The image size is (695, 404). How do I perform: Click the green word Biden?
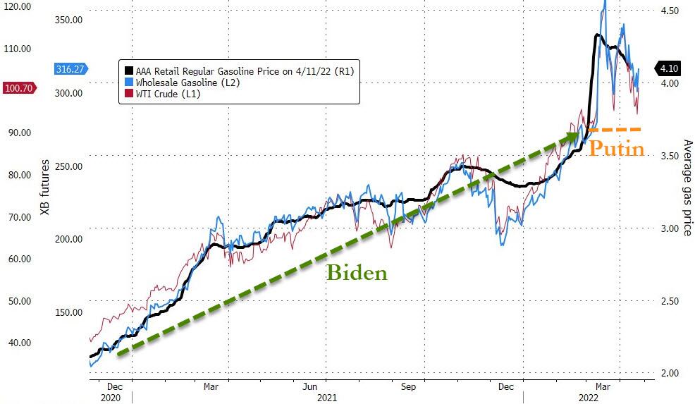click(x=357, y=273)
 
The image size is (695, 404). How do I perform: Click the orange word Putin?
click(x=617, y=149)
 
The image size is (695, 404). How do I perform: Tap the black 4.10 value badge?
click(x=670, y=68)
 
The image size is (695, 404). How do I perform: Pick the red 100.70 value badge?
click(x=20, y=88)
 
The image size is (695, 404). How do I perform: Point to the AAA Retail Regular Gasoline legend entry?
click(x=240, y=71)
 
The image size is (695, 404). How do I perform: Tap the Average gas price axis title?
click(x=687, y=188)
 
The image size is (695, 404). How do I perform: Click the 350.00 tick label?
click(x=69, y=20)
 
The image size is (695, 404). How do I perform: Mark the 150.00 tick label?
click(x=69, y=312)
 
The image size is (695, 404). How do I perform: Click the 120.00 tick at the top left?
click(x=17, y=6)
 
